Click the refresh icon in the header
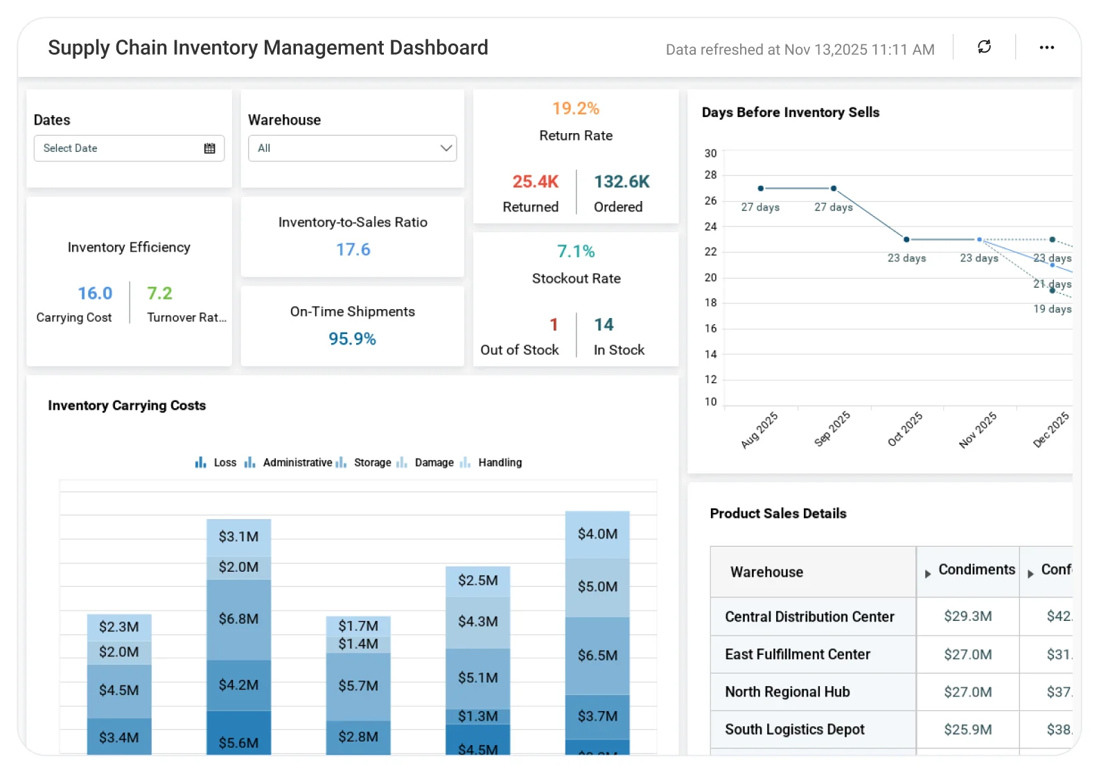[984, 47]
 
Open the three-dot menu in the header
[1046, 47]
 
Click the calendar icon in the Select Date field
[209, 148]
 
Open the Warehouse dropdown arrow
[446, 148]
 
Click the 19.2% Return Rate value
[575, 109]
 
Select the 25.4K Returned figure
[535, 182]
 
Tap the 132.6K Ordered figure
[622, 182]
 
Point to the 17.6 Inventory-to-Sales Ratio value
[353, 249]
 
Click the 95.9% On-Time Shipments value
[352, 339]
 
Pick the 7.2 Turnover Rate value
[159, 294]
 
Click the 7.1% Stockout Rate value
[575, 252]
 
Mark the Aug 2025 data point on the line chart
[760, 188]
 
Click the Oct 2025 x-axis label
[905, 429]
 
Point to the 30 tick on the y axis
[710, 153]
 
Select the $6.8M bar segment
[238, 619]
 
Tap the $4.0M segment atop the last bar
[597, 534]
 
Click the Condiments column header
[976, 570]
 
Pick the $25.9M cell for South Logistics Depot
[967, 730]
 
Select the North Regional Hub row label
[787, 692]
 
